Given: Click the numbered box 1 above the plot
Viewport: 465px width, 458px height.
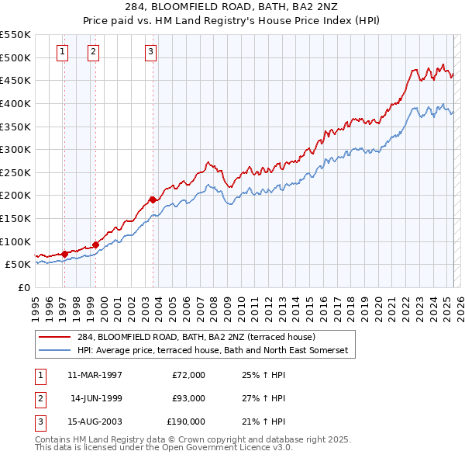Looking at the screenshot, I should coord(62,52).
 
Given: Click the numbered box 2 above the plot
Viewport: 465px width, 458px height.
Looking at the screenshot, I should coord(93,52).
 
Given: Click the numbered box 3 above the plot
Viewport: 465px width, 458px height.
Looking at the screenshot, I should coord(150,52).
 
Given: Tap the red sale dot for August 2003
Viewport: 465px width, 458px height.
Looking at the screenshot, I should coord(153,200).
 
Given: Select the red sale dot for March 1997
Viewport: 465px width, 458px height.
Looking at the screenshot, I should coord(64,253).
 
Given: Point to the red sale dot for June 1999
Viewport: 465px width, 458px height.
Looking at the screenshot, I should coord(95,245).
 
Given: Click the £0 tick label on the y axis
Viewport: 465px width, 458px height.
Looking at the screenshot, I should coord(24,287).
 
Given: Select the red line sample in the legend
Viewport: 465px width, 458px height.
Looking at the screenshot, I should coord(54,338).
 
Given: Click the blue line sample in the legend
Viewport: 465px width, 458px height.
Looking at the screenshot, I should coord(54,351).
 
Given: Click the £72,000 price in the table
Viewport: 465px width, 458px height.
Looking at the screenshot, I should coord(188,375).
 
